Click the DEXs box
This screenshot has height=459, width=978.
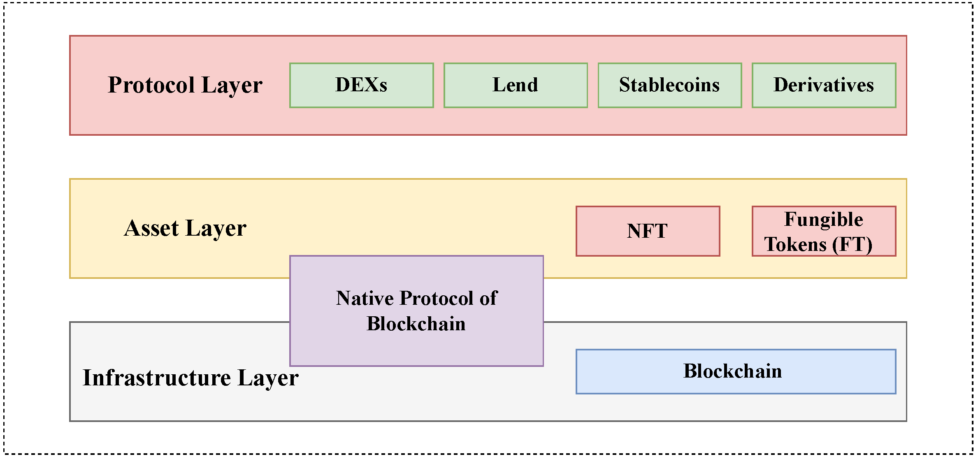[361, 85]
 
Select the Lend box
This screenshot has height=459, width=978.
[516, 85]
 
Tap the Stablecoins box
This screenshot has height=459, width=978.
[669, 85]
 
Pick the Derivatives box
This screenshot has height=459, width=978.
[824, 85]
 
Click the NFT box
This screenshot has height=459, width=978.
[648, 231]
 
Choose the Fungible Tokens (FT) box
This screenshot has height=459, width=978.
[824, 231]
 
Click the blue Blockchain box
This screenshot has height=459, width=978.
[736, 371]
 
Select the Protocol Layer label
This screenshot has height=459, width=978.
[185, 85]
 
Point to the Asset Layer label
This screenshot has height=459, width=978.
[185, 228]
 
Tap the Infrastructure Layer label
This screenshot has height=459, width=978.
[190, 378]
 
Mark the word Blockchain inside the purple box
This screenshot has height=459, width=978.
[416, 324]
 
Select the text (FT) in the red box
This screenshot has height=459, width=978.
[852, 244]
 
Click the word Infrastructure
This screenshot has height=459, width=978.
[156, 378]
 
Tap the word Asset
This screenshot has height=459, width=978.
[151, 228]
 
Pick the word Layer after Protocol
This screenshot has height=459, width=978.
[232, 85]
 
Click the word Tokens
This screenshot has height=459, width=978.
[795, 244]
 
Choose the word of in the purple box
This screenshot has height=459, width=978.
[488, 298]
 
